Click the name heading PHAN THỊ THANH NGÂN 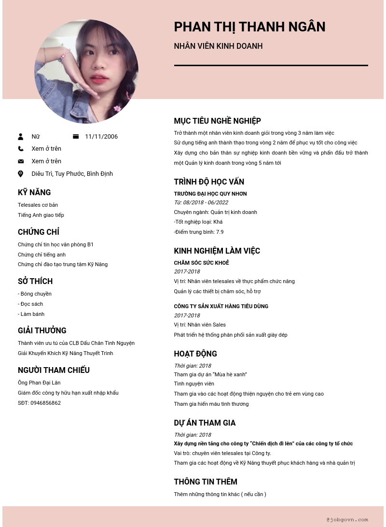pyautogui.click(x=249, y=27)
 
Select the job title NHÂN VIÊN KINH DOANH pyautogui.click(x=218, y=46)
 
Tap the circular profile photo pyautogui.click(x=86, y=71)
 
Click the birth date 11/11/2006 pyautogui.click(x=101, y=137)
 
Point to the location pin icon pyautogui.click(x=21, y=174)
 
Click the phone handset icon pyautogui.click(x=21, y=149)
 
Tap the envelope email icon pyautogui.click(x=21, y=161)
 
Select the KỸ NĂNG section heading pyautogui.click(x=34, y=193)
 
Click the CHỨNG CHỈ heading pyautogui.click(x=39, y=232)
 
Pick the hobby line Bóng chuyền pyautogui.click(x=35, y=294)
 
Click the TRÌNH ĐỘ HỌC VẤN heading pyautogui.click(x=209, y=182)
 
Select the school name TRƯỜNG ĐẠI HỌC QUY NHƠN pyautogui.click(x=210, y=194)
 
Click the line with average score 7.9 pyautogui.click(x=199, y=232)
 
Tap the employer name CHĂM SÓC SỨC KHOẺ pyautogui.click(x=201, y=263)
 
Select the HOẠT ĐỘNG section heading pyautogui.click(x=195, y=354)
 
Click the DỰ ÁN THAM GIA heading pyautogui.click(x=205, y=423)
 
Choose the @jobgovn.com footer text pyautogui.click(x=347, y=520)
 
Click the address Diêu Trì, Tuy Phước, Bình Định pyautogui.click(x=72, y=174)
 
